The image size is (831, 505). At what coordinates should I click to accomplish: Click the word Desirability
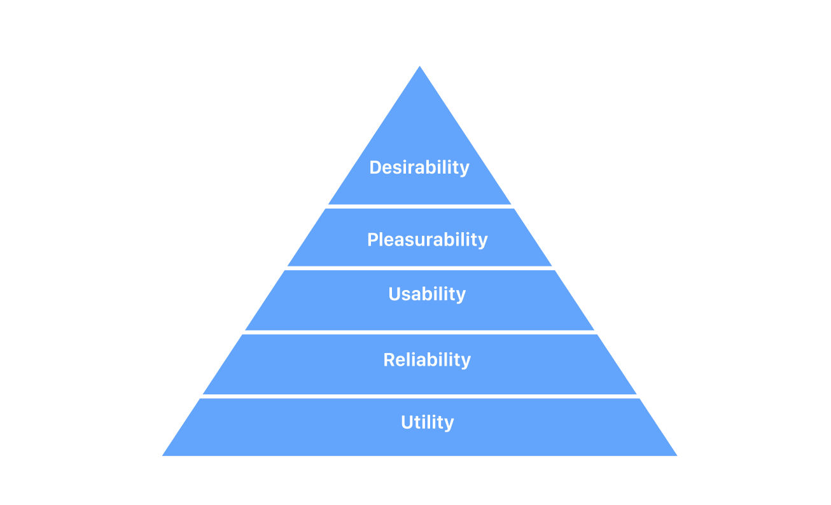pos(419,167)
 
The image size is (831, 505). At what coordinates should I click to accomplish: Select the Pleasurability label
pos(427,240)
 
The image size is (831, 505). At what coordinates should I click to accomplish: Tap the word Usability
pos(427,294)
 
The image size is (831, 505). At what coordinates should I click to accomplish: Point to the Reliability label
pos(427,359)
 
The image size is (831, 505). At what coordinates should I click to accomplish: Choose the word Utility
pos(427,422)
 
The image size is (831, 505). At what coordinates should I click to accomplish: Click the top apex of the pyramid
pos(420,67)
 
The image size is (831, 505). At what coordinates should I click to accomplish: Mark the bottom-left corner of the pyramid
pos(164,455)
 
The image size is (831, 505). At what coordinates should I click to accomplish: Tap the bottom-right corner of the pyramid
pos(676,455)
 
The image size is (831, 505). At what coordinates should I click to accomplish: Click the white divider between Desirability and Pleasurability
pos(419,206)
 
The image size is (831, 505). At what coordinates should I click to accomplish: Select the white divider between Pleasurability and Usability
pos(419,268)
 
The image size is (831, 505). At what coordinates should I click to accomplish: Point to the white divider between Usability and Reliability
pos(419,332)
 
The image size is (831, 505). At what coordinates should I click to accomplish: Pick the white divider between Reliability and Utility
pos(419,396)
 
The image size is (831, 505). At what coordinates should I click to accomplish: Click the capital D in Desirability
pos(375,167)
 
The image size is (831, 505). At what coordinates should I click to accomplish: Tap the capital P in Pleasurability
pos(372,240)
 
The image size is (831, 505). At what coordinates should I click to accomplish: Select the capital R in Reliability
pos(389,359)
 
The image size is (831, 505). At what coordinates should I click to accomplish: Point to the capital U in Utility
pos(407,422)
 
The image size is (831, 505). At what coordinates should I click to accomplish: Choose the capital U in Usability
pos(394,294)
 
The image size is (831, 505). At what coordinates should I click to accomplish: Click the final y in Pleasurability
pos(483,242)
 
